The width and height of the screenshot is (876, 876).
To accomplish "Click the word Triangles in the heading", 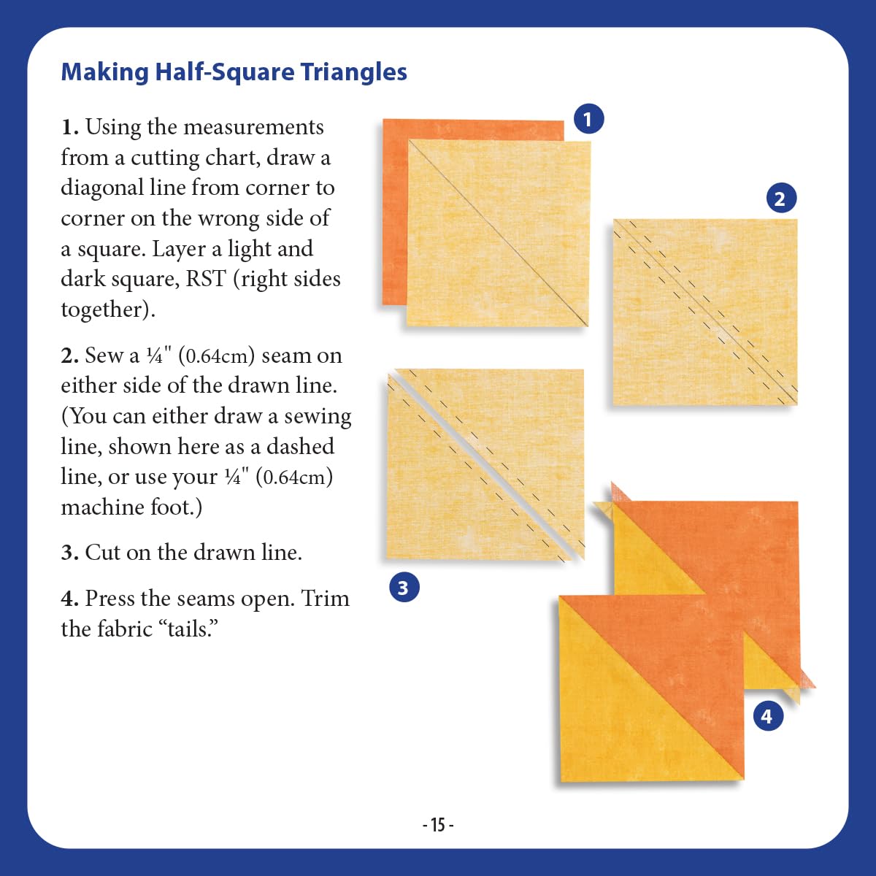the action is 353,73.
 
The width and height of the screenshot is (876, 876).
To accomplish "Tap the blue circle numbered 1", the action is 588,119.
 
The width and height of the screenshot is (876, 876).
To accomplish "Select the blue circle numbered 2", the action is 781,199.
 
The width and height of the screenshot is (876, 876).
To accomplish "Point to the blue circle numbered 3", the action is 404,588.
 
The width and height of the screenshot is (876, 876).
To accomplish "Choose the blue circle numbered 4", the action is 768,716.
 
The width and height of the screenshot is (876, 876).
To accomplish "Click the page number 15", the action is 438,825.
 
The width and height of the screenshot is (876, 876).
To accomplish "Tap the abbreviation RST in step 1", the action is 206,279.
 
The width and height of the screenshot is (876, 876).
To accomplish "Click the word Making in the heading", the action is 105,73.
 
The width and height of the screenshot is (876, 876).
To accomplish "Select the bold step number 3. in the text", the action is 70,553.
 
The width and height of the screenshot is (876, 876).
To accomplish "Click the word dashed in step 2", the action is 300,447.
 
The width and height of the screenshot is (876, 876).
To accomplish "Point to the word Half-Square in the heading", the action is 225,73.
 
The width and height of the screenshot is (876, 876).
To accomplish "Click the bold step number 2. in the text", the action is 70,356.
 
